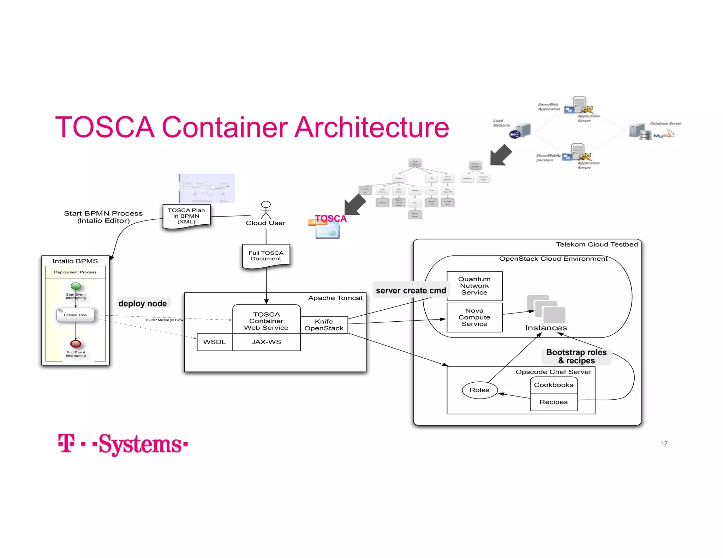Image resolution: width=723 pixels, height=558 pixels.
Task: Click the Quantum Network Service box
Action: [474, 286]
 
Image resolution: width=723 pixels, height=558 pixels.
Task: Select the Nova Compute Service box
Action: [474, 317]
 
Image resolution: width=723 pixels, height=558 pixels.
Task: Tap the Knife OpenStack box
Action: [324, 325]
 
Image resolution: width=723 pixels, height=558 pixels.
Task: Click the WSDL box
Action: [214, 342]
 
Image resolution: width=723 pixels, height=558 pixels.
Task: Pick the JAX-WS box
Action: [266, 342]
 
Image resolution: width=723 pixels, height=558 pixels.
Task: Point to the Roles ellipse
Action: [479, 390]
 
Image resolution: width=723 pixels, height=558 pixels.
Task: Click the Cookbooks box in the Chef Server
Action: [553, 385]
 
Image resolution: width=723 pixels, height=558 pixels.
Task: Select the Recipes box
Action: [553, 402]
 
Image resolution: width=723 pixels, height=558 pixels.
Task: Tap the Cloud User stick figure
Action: [266, 210]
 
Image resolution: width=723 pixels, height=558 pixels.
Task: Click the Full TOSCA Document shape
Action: [266, 256]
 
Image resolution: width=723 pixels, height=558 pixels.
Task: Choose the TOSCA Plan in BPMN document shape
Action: [186, 216]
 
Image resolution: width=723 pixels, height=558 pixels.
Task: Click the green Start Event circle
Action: [76, 286]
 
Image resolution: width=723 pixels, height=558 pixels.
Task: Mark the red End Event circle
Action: [76, 344]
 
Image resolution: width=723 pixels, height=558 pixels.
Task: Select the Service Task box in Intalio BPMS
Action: [76, 315]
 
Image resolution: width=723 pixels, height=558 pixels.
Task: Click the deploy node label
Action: [143, 303]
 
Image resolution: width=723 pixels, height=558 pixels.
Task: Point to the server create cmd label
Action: [411, 290]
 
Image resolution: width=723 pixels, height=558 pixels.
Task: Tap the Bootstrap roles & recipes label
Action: [576, 356]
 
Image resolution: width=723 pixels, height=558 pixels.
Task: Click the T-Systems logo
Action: [123, 444]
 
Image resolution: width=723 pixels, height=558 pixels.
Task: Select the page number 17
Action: [664, 444]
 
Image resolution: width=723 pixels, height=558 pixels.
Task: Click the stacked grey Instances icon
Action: [546, 309]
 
